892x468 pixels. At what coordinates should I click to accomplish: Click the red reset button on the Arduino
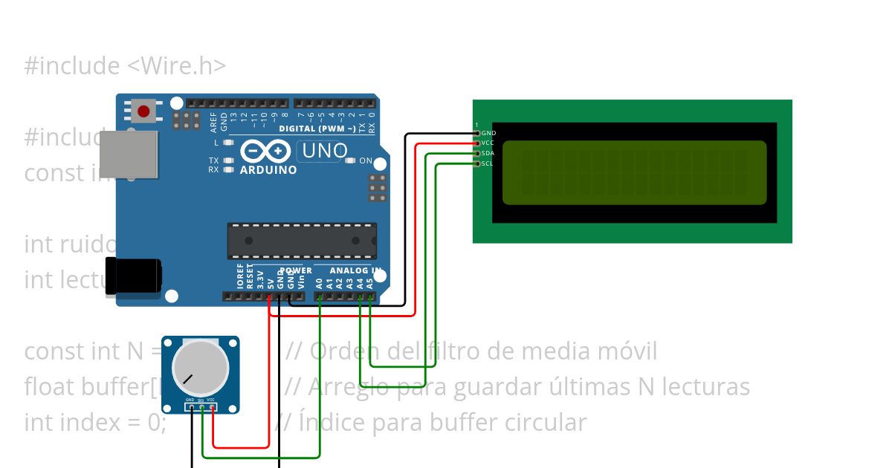pos(143,112)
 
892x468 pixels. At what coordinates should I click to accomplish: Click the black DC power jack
pos(134,276)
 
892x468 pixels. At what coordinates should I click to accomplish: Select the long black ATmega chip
pos(301,240)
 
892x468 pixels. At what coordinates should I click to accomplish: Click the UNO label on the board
pos(323,151)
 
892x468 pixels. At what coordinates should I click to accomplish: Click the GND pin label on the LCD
pos(488,133)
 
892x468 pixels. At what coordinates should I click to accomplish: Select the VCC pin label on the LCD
pos(488,143)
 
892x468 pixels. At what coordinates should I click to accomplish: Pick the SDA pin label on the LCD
pos(488,153)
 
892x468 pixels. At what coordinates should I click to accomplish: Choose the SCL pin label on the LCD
pos(488,163)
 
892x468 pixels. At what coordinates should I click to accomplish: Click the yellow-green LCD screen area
pos(634,172)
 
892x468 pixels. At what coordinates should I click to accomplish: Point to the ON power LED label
pos(366,160)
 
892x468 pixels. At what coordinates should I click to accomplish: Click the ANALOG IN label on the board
pos(355,270)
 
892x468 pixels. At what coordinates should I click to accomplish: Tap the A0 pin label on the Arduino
pos(319,283)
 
